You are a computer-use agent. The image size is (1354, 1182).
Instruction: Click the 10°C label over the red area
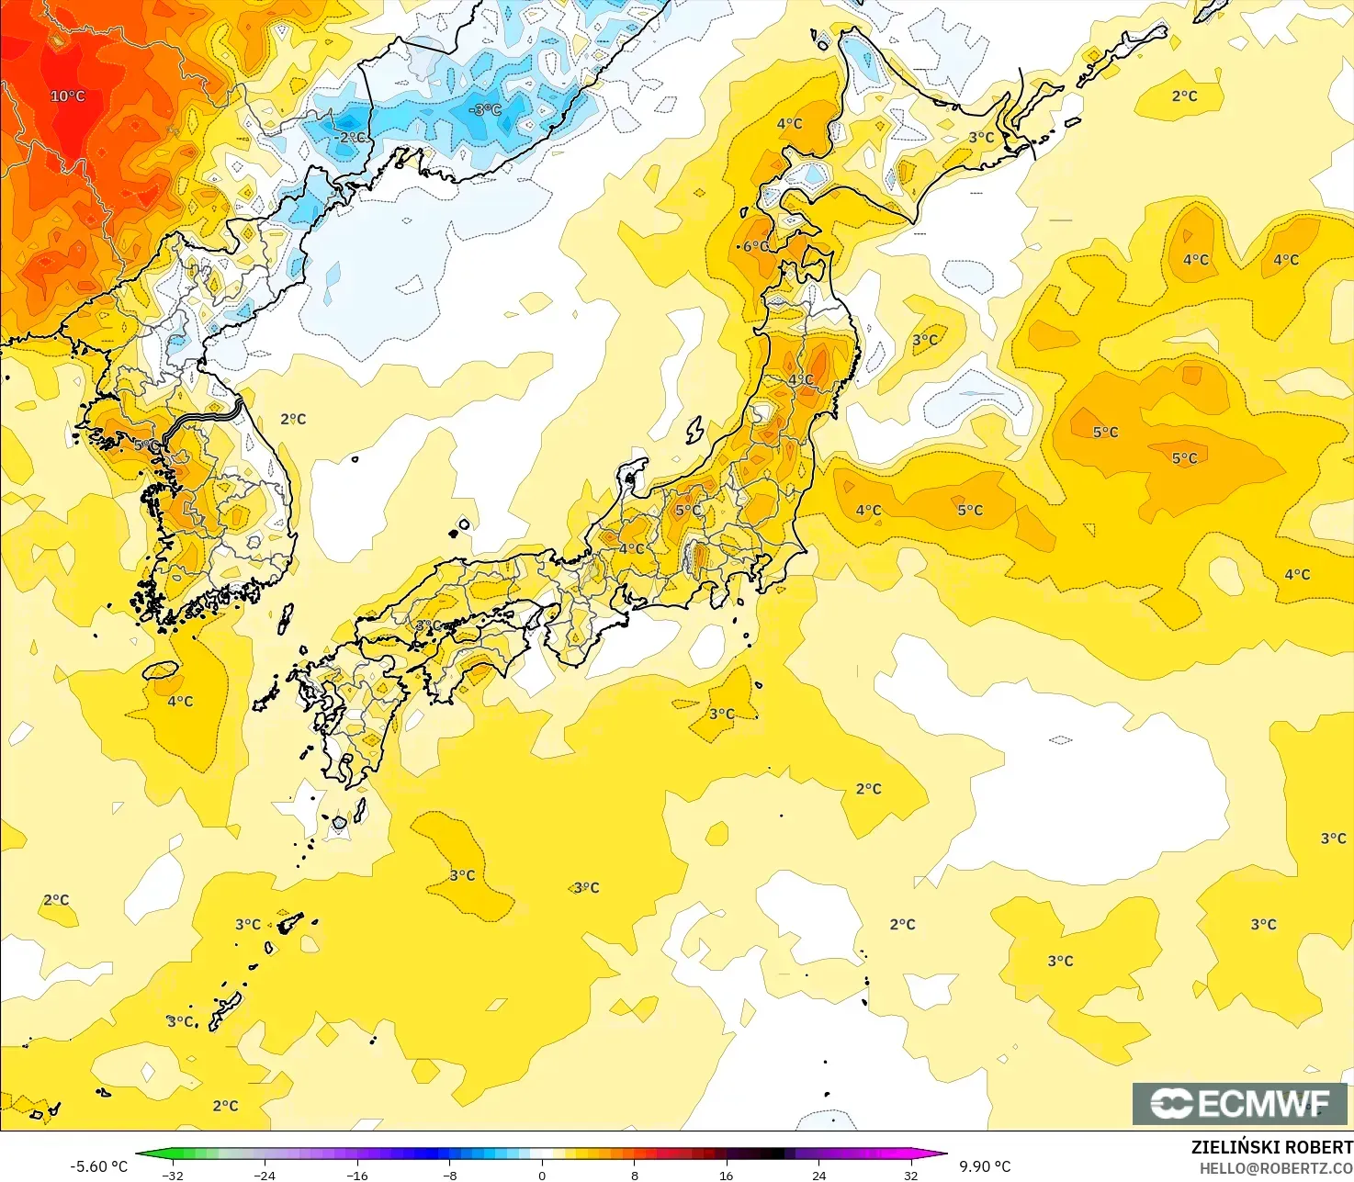click(x=67, y=96)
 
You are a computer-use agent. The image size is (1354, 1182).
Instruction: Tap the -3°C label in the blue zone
click(x=485, y=110)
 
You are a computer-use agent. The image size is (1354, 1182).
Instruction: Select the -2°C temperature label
click(x=350, y=138)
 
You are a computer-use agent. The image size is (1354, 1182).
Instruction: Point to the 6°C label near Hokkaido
click(x=755, y=246)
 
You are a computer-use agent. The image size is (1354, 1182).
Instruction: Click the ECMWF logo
click(x=1239, y=1103)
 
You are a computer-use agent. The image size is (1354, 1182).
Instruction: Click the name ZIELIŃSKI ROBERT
click(x=1271, y=1147)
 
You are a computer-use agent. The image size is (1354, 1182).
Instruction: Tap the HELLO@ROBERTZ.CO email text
click(x=1276, y=1167)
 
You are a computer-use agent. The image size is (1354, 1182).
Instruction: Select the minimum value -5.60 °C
click(x=98, y=1166)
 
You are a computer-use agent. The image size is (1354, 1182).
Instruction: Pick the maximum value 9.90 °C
click(x=985, y=1166)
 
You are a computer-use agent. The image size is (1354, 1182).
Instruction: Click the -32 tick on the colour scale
click(x=172, y=1175)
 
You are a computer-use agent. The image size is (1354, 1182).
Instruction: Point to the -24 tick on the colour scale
click(x=265, y=1175)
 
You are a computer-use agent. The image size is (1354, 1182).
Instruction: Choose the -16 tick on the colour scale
click(x=357, y=1175)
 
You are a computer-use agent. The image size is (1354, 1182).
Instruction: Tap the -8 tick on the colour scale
click(x=449, y=1175)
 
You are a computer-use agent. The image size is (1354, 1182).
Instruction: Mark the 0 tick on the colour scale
click(x=542, y=1175)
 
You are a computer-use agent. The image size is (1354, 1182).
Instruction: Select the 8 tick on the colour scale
click(x=634, y=1175)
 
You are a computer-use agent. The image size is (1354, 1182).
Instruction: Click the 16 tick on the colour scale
click(x=727, y=1175)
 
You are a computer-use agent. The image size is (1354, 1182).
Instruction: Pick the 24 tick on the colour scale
click(x=818, y=1175)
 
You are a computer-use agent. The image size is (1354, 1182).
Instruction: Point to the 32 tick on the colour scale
click(x=910, y=1175)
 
